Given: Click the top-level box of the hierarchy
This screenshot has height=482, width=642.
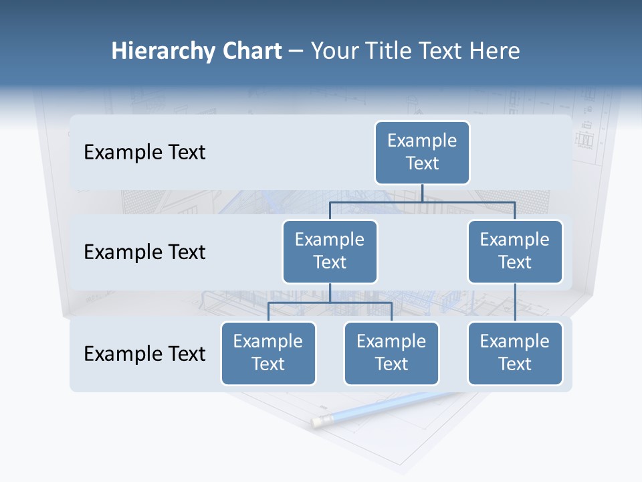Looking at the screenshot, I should [x=422, y=152].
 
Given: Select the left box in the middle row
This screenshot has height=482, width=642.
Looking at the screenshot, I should [x=330, y=251].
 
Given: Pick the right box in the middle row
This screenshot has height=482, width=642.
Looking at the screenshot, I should [x=515, y=251].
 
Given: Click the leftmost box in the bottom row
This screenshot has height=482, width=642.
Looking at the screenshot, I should [x=268, y=353].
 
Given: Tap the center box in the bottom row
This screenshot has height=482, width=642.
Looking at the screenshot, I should [x=391, y=353].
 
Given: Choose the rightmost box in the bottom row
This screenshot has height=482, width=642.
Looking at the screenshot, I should [x=515, y=353].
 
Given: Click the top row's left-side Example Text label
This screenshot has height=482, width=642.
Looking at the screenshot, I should [x=144, y=153].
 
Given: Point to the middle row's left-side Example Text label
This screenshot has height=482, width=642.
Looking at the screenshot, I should [x=144, y=252].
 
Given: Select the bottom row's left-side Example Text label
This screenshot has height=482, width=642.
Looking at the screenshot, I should [x=144, y=353].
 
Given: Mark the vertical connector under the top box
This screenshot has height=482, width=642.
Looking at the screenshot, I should [x=422, y=193].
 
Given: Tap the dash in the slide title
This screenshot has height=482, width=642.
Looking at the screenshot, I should [x=296, y=51].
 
